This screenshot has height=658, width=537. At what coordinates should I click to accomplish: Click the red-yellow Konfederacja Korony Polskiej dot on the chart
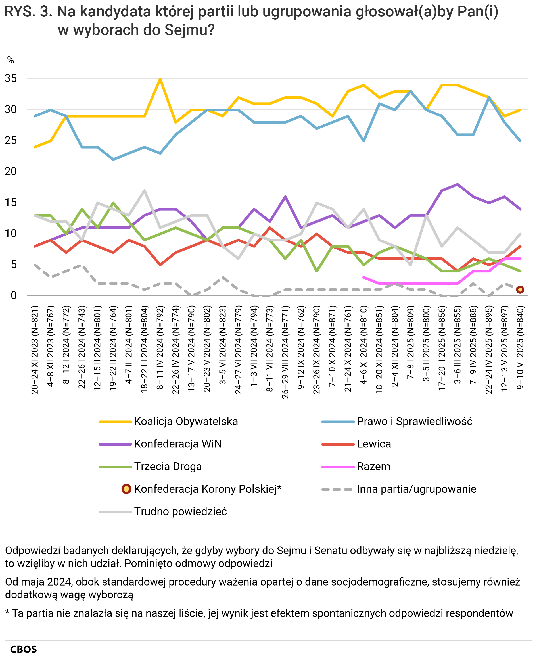[x=520, y=290]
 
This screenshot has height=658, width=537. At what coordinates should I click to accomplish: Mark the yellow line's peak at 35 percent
[x=160, y=79]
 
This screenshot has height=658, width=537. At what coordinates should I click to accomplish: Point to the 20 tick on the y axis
[x=11, y=172]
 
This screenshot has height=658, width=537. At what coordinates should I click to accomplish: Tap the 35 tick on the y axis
[x=11, y=79]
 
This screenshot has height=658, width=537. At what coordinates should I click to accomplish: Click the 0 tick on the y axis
[x=14, y=296]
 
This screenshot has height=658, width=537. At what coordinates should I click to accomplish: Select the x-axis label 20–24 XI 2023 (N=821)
[x=35, y=350]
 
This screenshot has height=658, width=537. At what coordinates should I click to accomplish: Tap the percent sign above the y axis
[x=11, y=60]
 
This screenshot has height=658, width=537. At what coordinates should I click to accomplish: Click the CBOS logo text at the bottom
[x=24, y=649]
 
